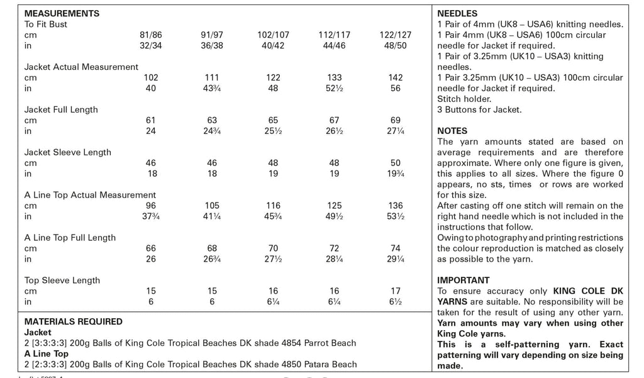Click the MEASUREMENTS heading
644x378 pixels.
(62, 13)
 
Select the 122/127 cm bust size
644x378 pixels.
(395, 35)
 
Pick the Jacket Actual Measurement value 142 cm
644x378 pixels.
(395, 78)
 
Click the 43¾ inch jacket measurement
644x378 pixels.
(213, 89)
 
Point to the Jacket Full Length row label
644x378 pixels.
(61, 109)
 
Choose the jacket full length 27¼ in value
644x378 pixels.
(395, 131)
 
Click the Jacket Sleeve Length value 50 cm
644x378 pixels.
(395, 164)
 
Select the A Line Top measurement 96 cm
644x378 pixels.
(151, 206)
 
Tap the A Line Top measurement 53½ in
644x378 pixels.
(395, 217)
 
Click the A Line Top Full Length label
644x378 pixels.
(70, 238)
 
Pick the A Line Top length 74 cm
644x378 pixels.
(395, 249)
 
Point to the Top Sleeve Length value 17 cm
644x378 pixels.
(395, 292)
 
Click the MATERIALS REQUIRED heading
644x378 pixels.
(73, 321)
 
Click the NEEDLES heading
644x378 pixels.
(457, 13)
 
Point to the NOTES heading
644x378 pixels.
(452, 131)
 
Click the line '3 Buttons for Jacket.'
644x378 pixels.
(479, 109)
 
